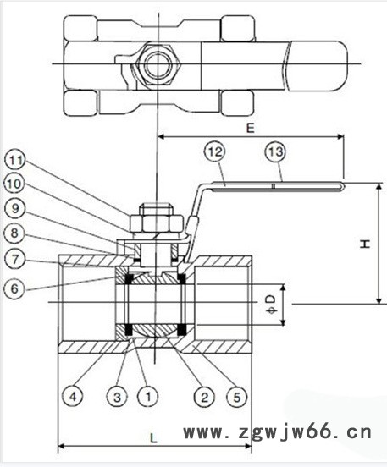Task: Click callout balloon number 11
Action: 15,161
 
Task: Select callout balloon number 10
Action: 14,184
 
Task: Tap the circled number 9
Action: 15,208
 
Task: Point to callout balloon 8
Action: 14,233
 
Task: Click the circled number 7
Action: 15,259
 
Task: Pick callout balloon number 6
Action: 14,288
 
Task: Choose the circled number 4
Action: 73,397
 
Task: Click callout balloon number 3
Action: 117,397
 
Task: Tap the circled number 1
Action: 148,397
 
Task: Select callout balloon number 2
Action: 204,397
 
